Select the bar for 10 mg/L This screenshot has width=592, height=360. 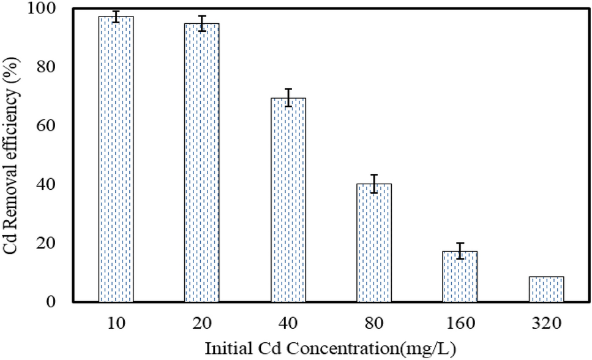[x=116, y=159]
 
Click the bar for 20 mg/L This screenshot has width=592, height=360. [x=201, y=163]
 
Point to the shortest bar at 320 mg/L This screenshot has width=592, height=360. [x=546, y=290]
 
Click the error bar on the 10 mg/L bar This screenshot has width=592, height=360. [x=116, y=17]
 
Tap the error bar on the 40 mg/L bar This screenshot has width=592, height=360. [x=288, y=97]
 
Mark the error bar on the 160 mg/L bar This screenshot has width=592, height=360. [x=460, y=251]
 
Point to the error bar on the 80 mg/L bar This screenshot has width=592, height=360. [x=374, y=184]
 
